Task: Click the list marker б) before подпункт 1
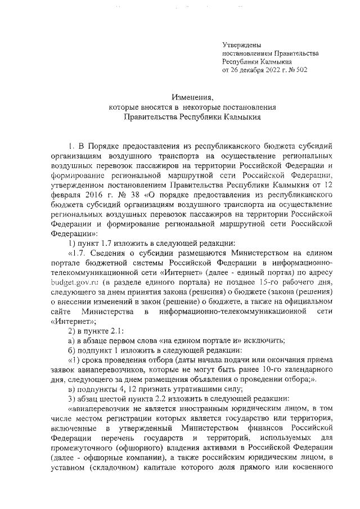(x=72, y=351)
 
